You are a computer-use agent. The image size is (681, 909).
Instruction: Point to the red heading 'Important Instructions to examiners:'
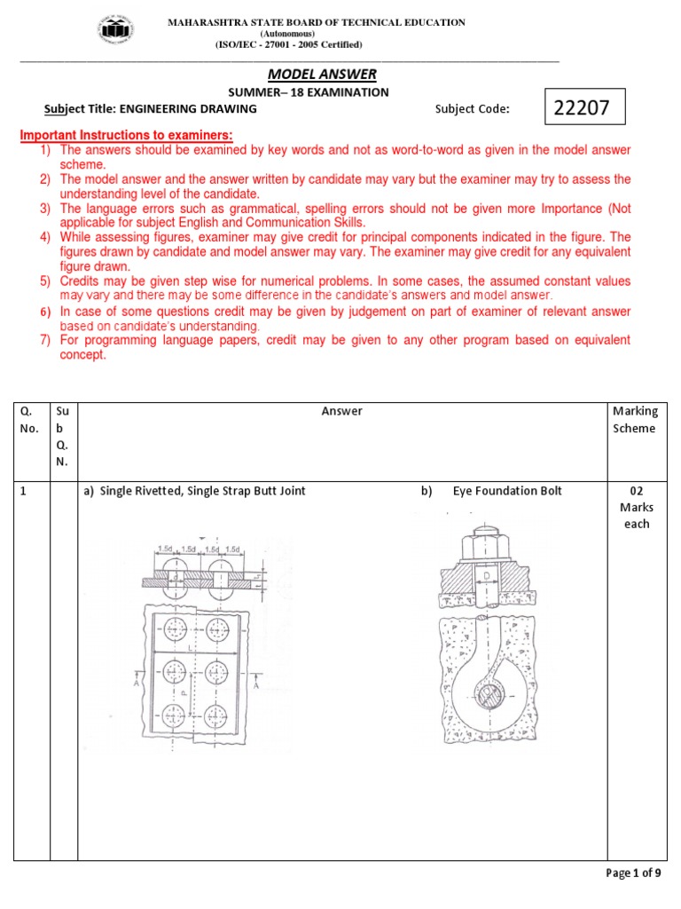126,135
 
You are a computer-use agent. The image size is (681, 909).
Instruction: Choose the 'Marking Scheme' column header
635,419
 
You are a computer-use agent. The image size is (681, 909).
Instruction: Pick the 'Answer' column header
341,411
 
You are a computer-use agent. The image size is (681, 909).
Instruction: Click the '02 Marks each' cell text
635,507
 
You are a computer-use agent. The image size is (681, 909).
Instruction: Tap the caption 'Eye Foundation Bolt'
507,491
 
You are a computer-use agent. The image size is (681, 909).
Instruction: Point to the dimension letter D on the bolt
489,577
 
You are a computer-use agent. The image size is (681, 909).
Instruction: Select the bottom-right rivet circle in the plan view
220,715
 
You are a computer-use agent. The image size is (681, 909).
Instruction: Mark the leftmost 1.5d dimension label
165,549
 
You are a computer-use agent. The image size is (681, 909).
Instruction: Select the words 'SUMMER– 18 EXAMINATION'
309,91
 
